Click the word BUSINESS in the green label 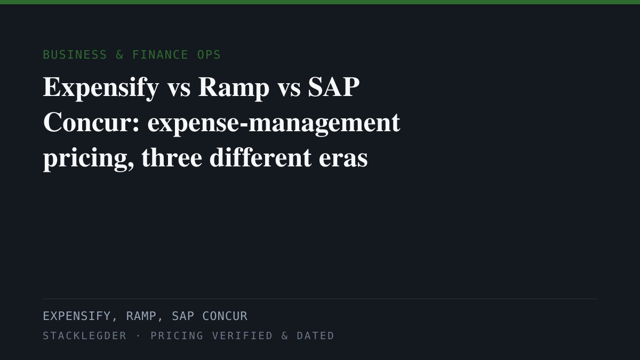(x=75, y=54)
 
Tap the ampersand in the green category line (x=119, y=54)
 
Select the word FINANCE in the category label (x=160, y=54)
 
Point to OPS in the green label (x=209, y=54)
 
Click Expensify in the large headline (x=101, y=87)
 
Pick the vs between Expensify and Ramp (x=179, y=89)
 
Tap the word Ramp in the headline (x=234, y=87)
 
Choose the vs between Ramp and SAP (x=289, y=89)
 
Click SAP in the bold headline (x=334, y=87)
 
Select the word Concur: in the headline (x=91, y=122)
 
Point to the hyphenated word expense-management (x=274, y=124)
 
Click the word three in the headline (x=172, y=157)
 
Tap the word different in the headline (x=260, y=157)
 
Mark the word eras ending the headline (x=343, y=159)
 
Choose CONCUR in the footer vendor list (x=225, y=316)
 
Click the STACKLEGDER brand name (x=85, y=335)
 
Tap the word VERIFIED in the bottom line (x=242, y=335)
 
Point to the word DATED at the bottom (x=315, y=335)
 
